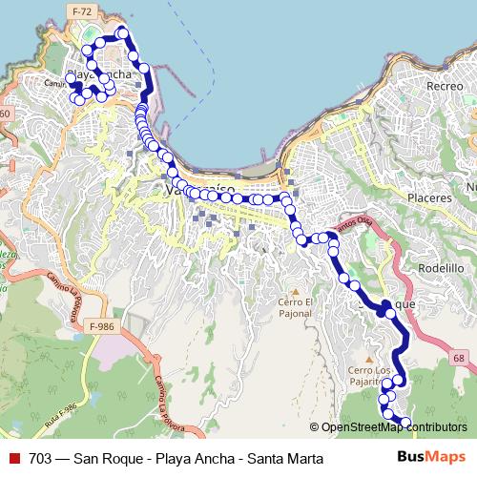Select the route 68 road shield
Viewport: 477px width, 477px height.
pyautogui.click(x=459, y=358)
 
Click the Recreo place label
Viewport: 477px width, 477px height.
pyautogui.click(x=445, y=86)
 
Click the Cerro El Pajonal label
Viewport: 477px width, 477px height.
pyautogui.click(x=295, y=307)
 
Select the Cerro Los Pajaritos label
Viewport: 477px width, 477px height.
pyautogui.click(x=370, y=376)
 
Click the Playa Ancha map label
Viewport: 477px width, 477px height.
pyautogui.click(x=98, y=74)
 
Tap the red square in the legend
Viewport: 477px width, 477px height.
pyautogui.click(x=13, y=458)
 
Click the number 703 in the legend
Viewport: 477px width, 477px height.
pyautogui.click(x=41, y=458)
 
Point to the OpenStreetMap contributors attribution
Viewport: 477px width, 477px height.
pyautogui.click(x=393, y=427)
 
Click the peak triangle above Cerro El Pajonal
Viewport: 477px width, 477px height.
pyautogui.click(x=295, y=289)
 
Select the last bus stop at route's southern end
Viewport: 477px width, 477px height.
pyautogui.click(x=404, y=423)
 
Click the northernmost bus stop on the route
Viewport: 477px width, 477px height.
pyautogui.click(x=121, y=33)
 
